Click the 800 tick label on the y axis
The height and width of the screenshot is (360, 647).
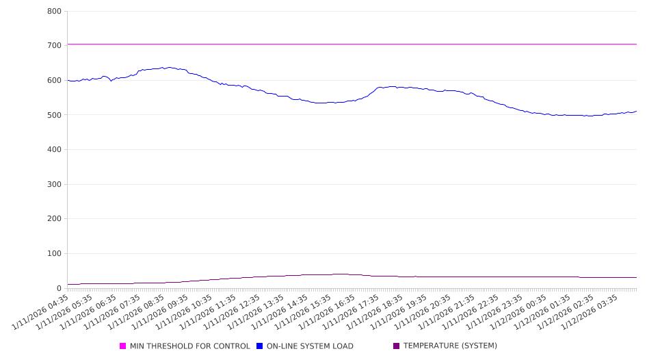click(55, 11)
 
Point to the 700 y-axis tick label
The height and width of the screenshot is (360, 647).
click(55, 45)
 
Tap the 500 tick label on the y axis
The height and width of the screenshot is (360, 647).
click(55, 115)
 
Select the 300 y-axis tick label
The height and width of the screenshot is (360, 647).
click(55, 184)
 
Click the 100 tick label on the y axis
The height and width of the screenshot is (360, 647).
click(55, 254)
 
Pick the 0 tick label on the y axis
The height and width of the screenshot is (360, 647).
click(60, 288)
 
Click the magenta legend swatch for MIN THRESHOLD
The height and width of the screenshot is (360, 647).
click(123, 346)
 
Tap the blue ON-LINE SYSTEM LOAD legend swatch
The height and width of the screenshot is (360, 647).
click(260, 346)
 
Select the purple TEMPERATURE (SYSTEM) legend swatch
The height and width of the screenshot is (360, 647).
click(397, 346)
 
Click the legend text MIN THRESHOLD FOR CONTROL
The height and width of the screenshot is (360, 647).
click(190, 346)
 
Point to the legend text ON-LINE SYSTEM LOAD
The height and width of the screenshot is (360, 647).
click(310, 346)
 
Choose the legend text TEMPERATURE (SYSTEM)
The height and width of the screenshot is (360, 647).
click(450, 346)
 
